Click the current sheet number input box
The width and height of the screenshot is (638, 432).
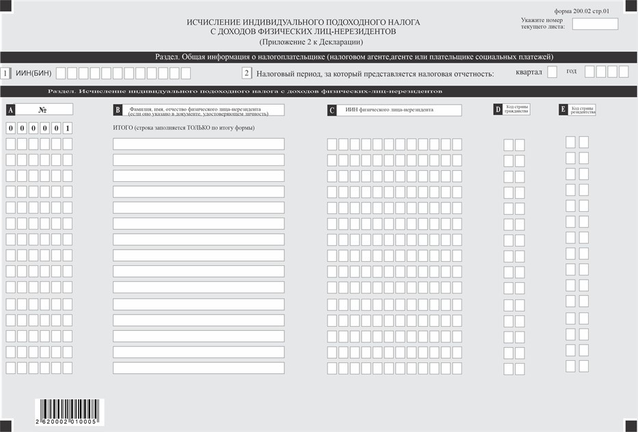[x=594, y=24]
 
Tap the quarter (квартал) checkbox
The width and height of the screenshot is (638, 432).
[x=553, y=72]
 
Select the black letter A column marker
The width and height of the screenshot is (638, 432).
[x=10, y=109]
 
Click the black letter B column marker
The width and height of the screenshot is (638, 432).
[x=118, y=110]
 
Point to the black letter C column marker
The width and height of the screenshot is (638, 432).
[x=332, y=110]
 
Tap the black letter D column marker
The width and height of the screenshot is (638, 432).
[x=497, y=109]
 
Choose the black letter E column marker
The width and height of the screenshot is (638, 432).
[x=563, y=109]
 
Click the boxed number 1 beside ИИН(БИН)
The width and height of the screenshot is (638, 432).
[x=6, y=73]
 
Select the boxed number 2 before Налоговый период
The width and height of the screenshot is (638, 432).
[x=247, y=73]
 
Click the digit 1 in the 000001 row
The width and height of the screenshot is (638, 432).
[x=67, y=128]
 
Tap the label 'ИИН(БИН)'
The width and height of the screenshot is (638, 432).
[x=33, y=73]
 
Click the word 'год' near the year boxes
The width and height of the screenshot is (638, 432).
[x=571, y=71]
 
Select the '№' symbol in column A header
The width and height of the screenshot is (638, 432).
[x=42, y=109]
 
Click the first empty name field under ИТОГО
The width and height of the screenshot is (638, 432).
[x=198, y=144]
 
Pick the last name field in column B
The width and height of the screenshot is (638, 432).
[x=198, y=368]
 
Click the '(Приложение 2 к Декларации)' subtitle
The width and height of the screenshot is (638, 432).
[x=303, y=42]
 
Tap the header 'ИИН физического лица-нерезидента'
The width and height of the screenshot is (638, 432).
[x=389, y=109]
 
